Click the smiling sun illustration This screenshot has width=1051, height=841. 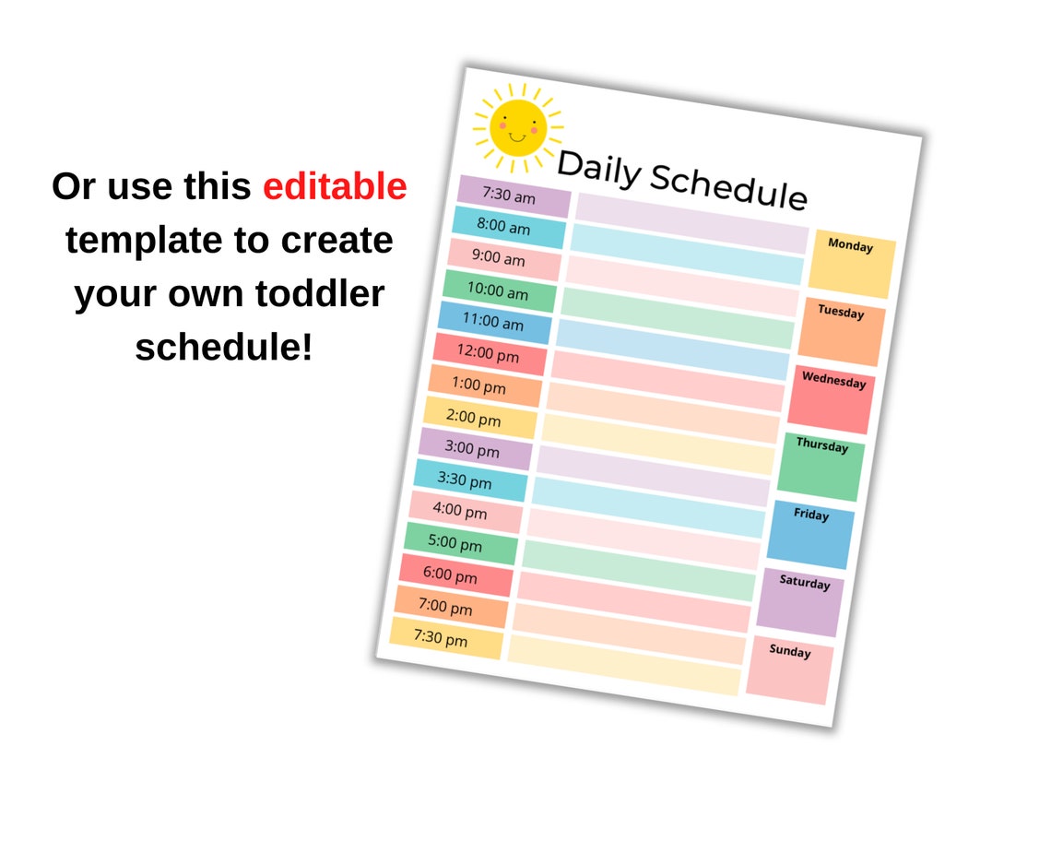[517, 128]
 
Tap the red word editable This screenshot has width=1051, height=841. [335, 186]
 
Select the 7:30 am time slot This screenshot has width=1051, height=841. [514, 196]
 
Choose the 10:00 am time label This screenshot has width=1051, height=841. [499, 291]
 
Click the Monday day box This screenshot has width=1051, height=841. [852, 264]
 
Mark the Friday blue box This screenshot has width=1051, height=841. [810, 534]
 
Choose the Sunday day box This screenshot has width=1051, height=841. [789, 669]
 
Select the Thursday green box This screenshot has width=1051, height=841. [821, 467]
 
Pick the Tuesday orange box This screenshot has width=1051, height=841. [841, 331]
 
